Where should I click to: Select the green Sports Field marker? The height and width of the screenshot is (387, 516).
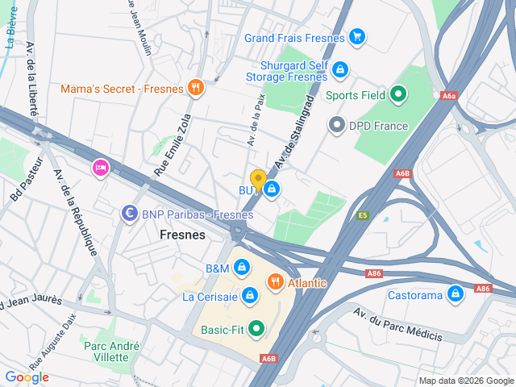click(x=397, y=95)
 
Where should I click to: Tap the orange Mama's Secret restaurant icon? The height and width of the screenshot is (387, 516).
click(x=194, y=88)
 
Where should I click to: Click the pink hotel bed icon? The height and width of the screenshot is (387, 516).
click(x=101, y=167)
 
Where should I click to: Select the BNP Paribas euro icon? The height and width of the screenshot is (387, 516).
click(x=128, y=214)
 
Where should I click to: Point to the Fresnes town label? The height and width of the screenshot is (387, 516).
click(x=182, y=235)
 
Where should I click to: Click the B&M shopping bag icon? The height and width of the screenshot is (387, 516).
click(x=241, y=268)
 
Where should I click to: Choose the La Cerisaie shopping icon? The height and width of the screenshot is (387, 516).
click(x=251, y=296)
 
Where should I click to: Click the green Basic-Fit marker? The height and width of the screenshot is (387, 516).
click(x=256, y=328)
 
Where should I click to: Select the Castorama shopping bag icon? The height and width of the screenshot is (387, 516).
click(x=456, y=294)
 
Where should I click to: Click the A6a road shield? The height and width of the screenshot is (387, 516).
click(x=449, y=96)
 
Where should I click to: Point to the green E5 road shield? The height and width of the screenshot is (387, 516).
click(x=363, y=215)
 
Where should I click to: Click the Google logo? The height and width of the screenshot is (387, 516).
click(x=27, y=377)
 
